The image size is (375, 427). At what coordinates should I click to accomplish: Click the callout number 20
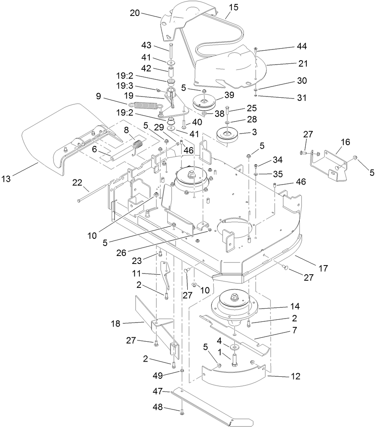(135, 12)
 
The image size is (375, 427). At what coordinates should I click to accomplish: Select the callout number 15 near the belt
(234, 8)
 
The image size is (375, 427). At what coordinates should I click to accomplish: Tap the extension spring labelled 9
(145, 106)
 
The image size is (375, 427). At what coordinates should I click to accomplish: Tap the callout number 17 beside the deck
(323, 268)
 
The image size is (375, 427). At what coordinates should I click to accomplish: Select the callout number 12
(296, 376)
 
